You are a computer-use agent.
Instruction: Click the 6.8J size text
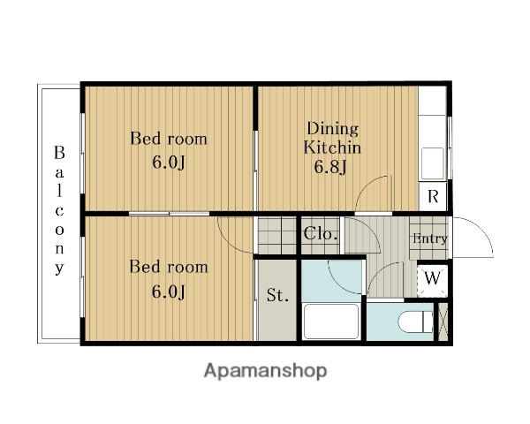point(330,167)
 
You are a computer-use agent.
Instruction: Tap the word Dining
point(333,129)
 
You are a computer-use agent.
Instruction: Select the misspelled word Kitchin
point(332,148)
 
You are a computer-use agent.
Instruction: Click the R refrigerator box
point(433,196)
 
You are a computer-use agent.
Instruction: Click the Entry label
point(430,238)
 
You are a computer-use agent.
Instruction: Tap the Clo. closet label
point(320,233)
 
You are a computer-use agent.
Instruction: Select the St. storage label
point(277,295)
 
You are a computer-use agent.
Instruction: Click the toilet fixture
point(416,322)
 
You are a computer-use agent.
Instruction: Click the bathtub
point(331,322)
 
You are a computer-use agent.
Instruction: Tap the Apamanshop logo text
point(265,371)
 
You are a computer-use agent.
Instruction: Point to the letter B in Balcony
point(59,153)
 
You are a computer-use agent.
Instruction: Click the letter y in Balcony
point(59,269)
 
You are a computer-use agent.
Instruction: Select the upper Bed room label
point(169,139)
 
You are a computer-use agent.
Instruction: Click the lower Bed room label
point(169,267)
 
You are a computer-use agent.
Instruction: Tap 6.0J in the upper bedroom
point(169,163)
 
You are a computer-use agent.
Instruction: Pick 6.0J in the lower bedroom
point(169,291)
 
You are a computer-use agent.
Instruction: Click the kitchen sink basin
point(432,163)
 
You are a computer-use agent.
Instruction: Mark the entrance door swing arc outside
point(480,231)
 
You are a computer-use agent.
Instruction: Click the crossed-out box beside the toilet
point(443,322)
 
